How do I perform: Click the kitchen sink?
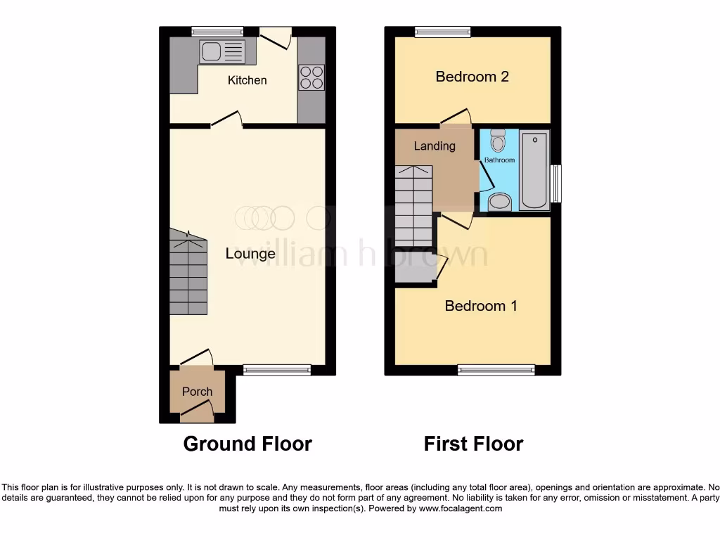click(x=222, y=52)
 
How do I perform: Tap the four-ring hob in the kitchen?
click(x=311, y=77)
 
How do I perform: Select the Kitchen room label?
click(x=247, y=80)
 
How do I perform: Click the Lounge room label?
click(x=250, y=254)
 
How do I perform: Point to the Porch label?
click(x=197, y=392)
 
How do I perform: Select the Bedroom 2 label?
click(x=472, y=77)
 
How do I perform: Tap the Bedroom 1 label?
click(x=481, y=306)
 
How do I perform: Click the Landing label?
click(x=435, y=146)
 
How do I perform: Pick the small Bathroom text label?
click(x=499, y=160)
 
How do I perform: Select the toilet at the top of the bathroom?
click(x=498, y=141)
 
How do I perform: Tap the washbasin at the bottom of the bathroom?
click(x=500, y=202)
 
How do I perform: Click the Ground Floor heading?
click(x=247, y=444)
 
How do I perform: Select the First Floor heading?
click(x=473, y=444)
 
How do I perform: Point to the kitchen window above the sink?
click(x=217, y=31)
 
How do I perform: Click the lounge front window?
click(x=277, y=370)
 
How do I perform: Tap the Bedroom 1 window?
click(x=496, y=370)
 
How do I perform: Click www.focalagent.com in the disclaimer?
click(x=461, y=508)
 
